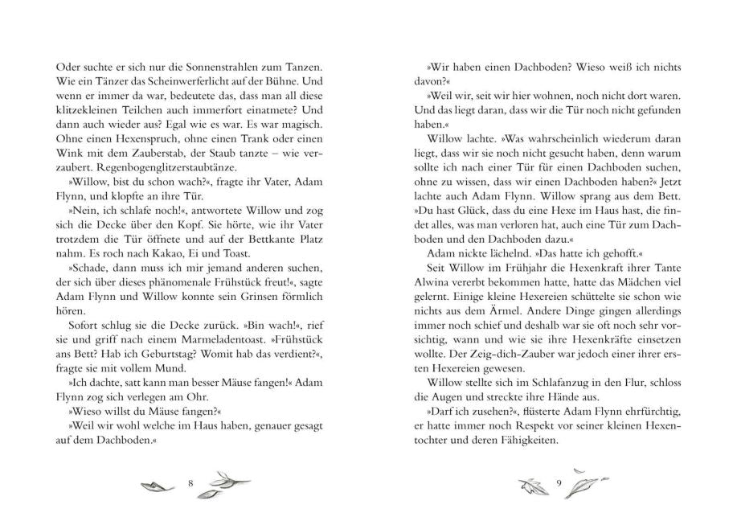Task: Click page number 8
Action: point(190,482)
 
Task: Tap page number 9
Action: point(556,482)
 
